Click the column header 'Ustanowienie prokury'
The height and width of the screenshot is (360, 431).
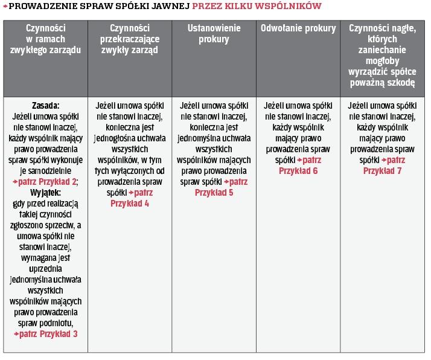[214, 34]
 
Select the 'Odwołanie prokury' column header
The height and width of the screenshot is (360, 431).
[298, 28]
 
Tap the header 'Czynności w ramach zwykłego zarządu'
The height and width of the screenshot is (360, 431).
[45, 39]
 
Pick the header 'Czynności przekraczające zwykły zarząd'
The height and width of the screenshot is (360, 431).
[130, 39]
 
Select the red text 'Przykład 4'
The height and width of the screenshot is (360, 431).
[130, 204]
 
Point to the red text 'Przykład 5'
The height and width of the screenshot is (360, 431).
[214, 193]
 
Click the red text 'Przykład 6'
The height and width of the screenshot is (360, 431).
[298, 171]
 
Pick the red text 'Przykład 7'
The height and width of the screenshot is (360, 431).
[382, 171]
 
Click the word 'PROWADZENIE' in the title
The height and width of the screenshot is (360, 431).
[45, 7]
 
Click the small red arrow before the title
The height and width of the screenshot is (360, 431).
[5, 7]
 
